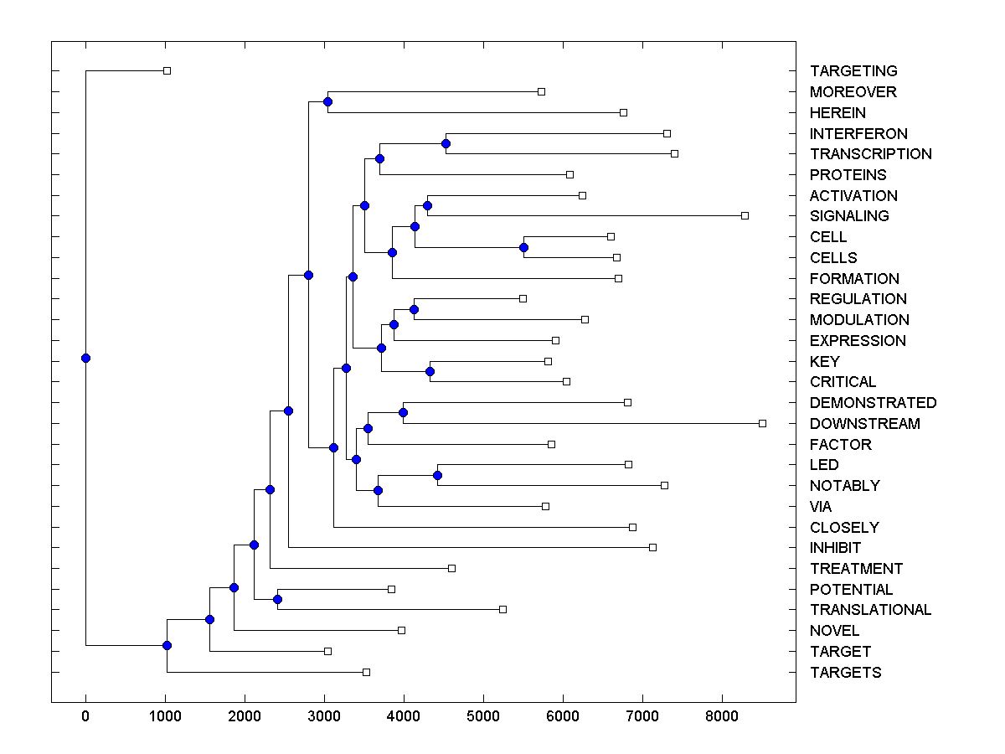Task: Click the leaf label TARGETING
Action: [853, 71]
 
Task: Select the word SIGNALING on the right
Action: [849, 216]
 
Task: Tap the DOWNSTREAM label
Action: [864, 424]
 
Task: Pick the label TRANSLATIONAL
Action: [870, 610]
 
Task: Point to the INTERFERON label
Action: [858, 134]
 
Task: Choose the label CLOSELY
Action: [844, 528]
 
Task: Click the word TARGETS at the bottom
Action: [845, 673]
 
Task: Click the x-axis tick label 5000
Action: [483, 716]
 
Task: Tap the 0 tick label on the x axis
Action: [85, 716]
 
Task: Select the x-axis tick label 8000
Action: [722, 716]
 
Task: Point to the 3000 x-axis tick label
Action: [324, 716]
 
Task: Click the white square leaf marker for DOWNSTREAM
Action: [762, 423]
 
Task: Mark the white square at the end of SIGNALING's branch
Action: [745, 215]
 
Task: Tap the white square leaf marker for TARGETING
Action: [167, 70]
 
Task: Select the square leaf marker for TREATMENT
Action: [451, 568]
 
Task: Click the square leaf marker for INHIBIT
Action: [652, 547]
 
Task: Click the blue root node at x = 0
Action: [85, 358]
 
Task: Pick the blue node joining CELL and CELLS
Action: [523, 247]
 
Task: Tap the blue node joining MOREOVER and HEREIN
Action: [327, 101]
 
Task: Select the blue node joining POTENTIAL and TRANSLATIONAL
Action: [277, 599]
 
